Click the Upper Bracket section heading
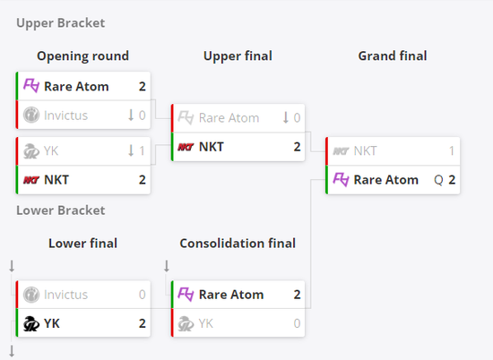[x=60, y=23]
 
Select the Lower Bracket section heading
[x=60, y=210]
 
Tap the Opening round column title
[x=83, y=56]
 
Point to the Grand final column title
[x=393, y=56]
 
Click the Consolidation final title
[x=238, y=244]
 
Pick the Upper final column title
[x=238, y=56]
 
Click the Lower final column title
[x=83, y=244]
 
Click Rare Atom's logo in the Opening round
[x=31, y=86]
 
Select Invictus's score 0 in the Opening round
[x=143, y=116]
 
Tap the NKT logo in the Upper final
[x=186, y=147]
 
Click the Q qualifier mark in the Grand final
[x=438, y=180]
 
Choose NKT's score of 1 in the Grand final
[x=452, y=151]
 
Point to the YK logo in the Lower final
[x=31, y=323]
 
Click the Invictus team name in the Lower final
[x=65, y=295]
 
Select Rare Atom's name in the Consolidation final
[x=231, y=295]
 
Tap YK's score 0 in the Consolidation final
[x=297, y=323]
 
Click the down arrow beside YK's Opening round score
[x=131, y=150]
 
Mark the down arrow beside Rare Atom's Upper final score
[x=285, y=118]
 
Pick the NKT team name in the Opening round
[x=56, y=180]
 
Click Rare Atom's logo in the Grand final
[x=341, y=180]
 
